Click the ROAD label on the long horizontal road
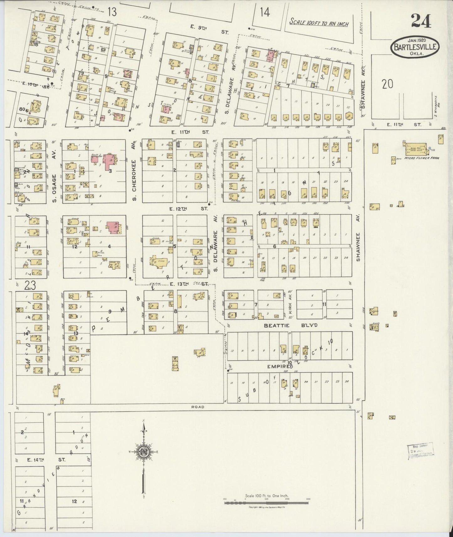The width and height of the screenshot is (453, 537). (x=198, y=407)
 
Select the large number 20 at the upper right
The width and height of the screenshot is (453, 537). (x=387, y=84)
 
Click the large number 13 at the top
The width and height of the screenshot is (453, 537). (x=112, y=12)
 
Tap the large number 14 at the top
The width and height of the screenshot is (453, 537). (x=265, y=12)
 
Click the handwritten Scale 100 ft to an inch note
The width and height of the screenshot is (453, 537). (x=319, y=23)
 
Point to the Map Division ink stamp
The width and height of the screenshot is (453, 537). (x=420, y=451)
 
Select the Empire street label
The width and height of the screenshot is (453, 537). (x=275, y=366)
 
